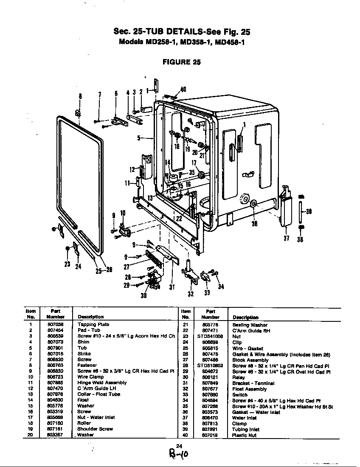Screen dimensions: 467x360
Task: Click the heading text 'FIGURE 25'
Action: pos(182,62)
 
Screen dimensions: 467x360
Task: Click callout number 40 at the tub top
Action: pos(183,90)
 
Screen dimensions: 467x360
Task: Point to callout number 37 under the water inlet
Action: pos(286,238)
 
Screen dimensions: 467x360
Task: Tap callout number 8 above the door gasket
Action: pos(80,96)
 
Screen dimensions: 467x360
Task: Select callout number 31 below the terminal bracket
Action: pos(172,287)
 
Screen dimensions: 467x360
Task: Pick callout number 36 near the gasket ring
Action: pos(255,225)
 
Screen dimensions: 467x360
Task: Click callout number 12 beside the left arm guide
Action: pos(132,169)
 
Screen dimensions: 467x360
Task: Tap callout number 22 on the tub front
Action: pos(179,219)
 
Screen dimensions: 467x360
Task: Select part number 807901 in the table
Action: pos(55,348)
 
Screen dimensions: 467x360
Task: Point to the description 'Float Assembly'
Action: pos(250,389)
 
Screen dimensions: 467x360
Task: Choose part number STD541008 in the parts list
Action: pos(207,336)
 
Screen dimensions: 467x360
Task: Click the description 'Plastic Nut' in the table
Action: pos(245,435)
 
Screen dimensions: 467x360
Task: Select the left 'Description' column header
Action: pos(90,317)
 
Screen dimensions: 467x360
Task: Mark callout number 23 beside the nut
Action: pos(67,264)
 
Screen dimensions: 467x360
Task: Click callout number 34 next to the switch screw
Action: pos(221,287)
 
